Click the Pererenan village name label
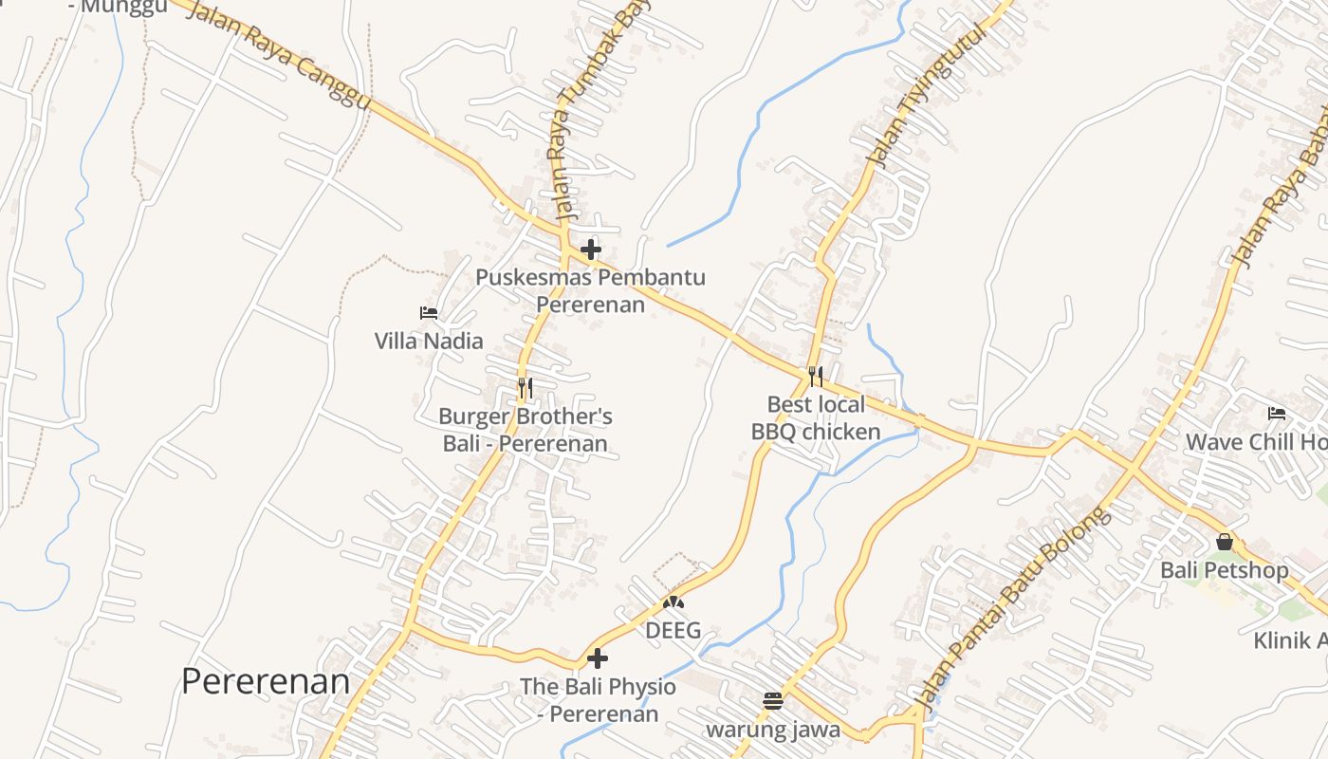click(x=266, y=681)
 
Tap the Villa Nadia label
click(x=429, y=341)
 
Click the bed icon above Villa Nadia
click(x=429, y=312)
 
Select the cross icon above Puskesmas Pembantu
click(x=591, y=250)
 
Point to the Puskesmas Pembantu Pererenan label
click(x=591, y=290)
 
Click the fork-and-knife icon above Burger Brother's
click(x=525, y=387)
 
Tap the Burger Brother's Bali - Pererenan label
click(x=526, y=430)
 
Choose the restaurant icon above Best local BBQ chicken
click(x=816, y=376)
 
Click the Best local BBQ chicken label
click(x=816, y=418)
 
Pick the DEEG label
click(x=673, y=630)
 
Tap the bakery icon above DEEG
click(x=673, y=602)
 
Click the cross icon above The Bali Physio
click(x=598, y=657)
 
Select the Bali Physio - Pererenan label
click(x=598, y=699)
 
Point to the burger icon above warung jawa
click(x=773, y=701)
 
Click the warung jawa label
click(x=773, y=730)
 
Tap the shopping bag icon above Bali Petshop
click(x=1225, y=542)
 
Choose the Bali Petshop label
click(x=1225, y=570)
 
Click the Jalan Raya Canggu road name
click(x=279, y=53)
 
